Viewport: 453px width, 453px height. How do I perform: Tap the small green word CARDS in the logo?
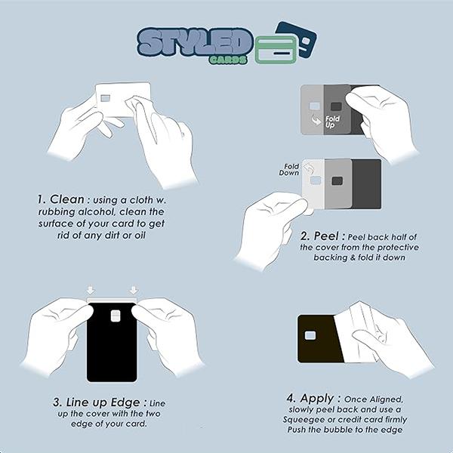click(229, 60)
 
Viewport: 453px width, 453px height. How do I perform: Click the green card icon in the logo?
click(276, 50)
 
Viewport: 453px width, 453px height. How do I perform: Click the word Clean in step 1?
click(67, 199)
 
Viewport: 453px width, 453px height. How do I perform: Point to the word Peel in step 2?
click(326, 236)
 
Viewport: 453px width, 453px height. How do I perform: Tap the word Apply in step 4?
click(317, 399)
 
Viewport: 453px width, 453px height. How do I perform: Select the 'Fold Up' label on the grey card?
click(331, 122)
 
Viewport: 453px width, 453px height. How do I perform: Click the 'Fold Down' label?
click(289, 170)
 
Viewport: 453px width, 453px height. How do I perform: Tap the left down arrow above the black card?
click(91, 290)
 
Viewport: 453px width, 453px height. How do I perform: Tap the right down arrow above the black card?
click(134, 290)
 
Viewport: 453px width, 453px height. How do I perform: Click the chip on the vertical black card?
click(116, 316)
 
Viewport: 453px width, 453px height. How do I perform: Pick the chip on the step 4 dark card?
click(310, 335)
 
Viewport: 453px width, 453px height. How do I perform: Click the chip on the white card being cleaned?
click(106, 98)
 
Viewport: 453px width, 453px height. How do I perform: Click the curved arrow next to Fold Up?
click(316, 119)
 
